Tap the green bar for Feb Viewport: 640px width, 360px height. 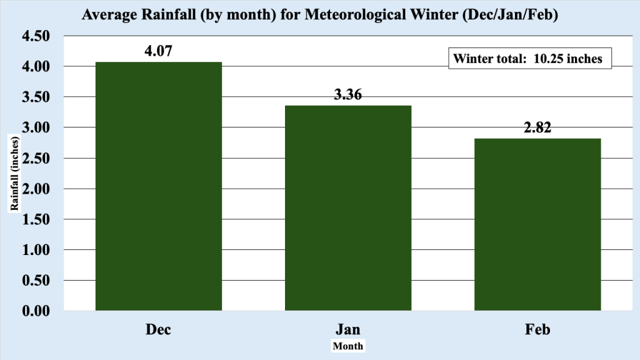(x=537, y=224)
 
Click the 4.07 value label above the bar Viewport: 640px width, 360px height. (x=158, y=51)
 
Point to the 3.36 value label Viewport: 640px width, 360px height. (x=348, y=95)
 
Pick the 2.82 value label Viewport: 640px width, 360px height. (x=537, y=128)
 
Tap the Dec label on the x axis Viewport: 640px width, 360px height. (x=158, y=329)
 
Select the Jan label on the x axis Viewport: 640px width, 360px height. (x=348, y=329)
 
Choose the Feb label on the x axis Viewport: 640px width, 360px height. (x=537, y=329)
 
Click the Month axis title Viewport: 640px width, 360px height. (x=348, y=346)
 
